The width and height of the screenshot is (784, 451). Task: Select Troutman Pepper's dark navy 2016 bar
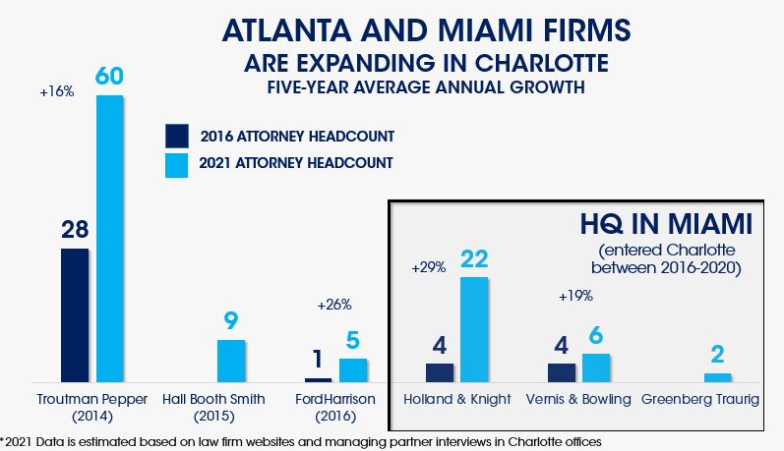pyautogui.click(x=75, y=314)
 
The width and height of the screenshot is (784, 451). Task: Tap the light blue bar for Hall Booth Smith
pyautogui.click(x=231, y=361)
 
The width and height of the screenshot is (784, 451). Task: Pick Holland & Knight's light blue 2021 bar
pyautogui.click(x=473, y=329)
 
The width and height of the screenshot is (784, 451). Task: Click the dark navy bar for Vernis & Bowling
pyautogui.click(x=562, y=372)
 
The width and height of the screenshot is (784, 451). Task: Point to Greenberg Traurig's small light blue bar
pyautogui.click(x=718, y=377)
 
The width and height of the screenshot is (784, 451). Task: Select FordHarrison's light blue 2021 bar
pyautogui.click(x=353, y=369)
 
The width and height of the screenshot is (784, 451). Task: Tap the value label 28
pyautogui.click(x=75, y=229)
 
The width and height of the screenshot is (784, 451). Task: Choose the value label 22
pyautogui.click(x=473, y=258)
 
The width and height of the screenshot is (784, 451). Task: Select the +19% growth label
pyautogui.click(x=575, y=296)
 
